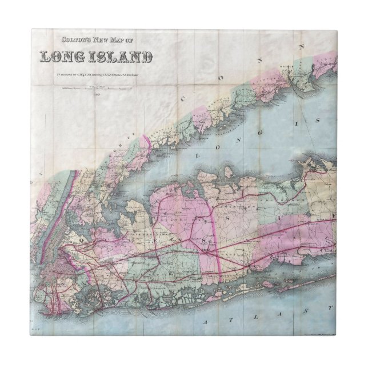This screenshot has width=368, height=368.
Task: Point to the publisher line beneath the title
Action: pos(97,74)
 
